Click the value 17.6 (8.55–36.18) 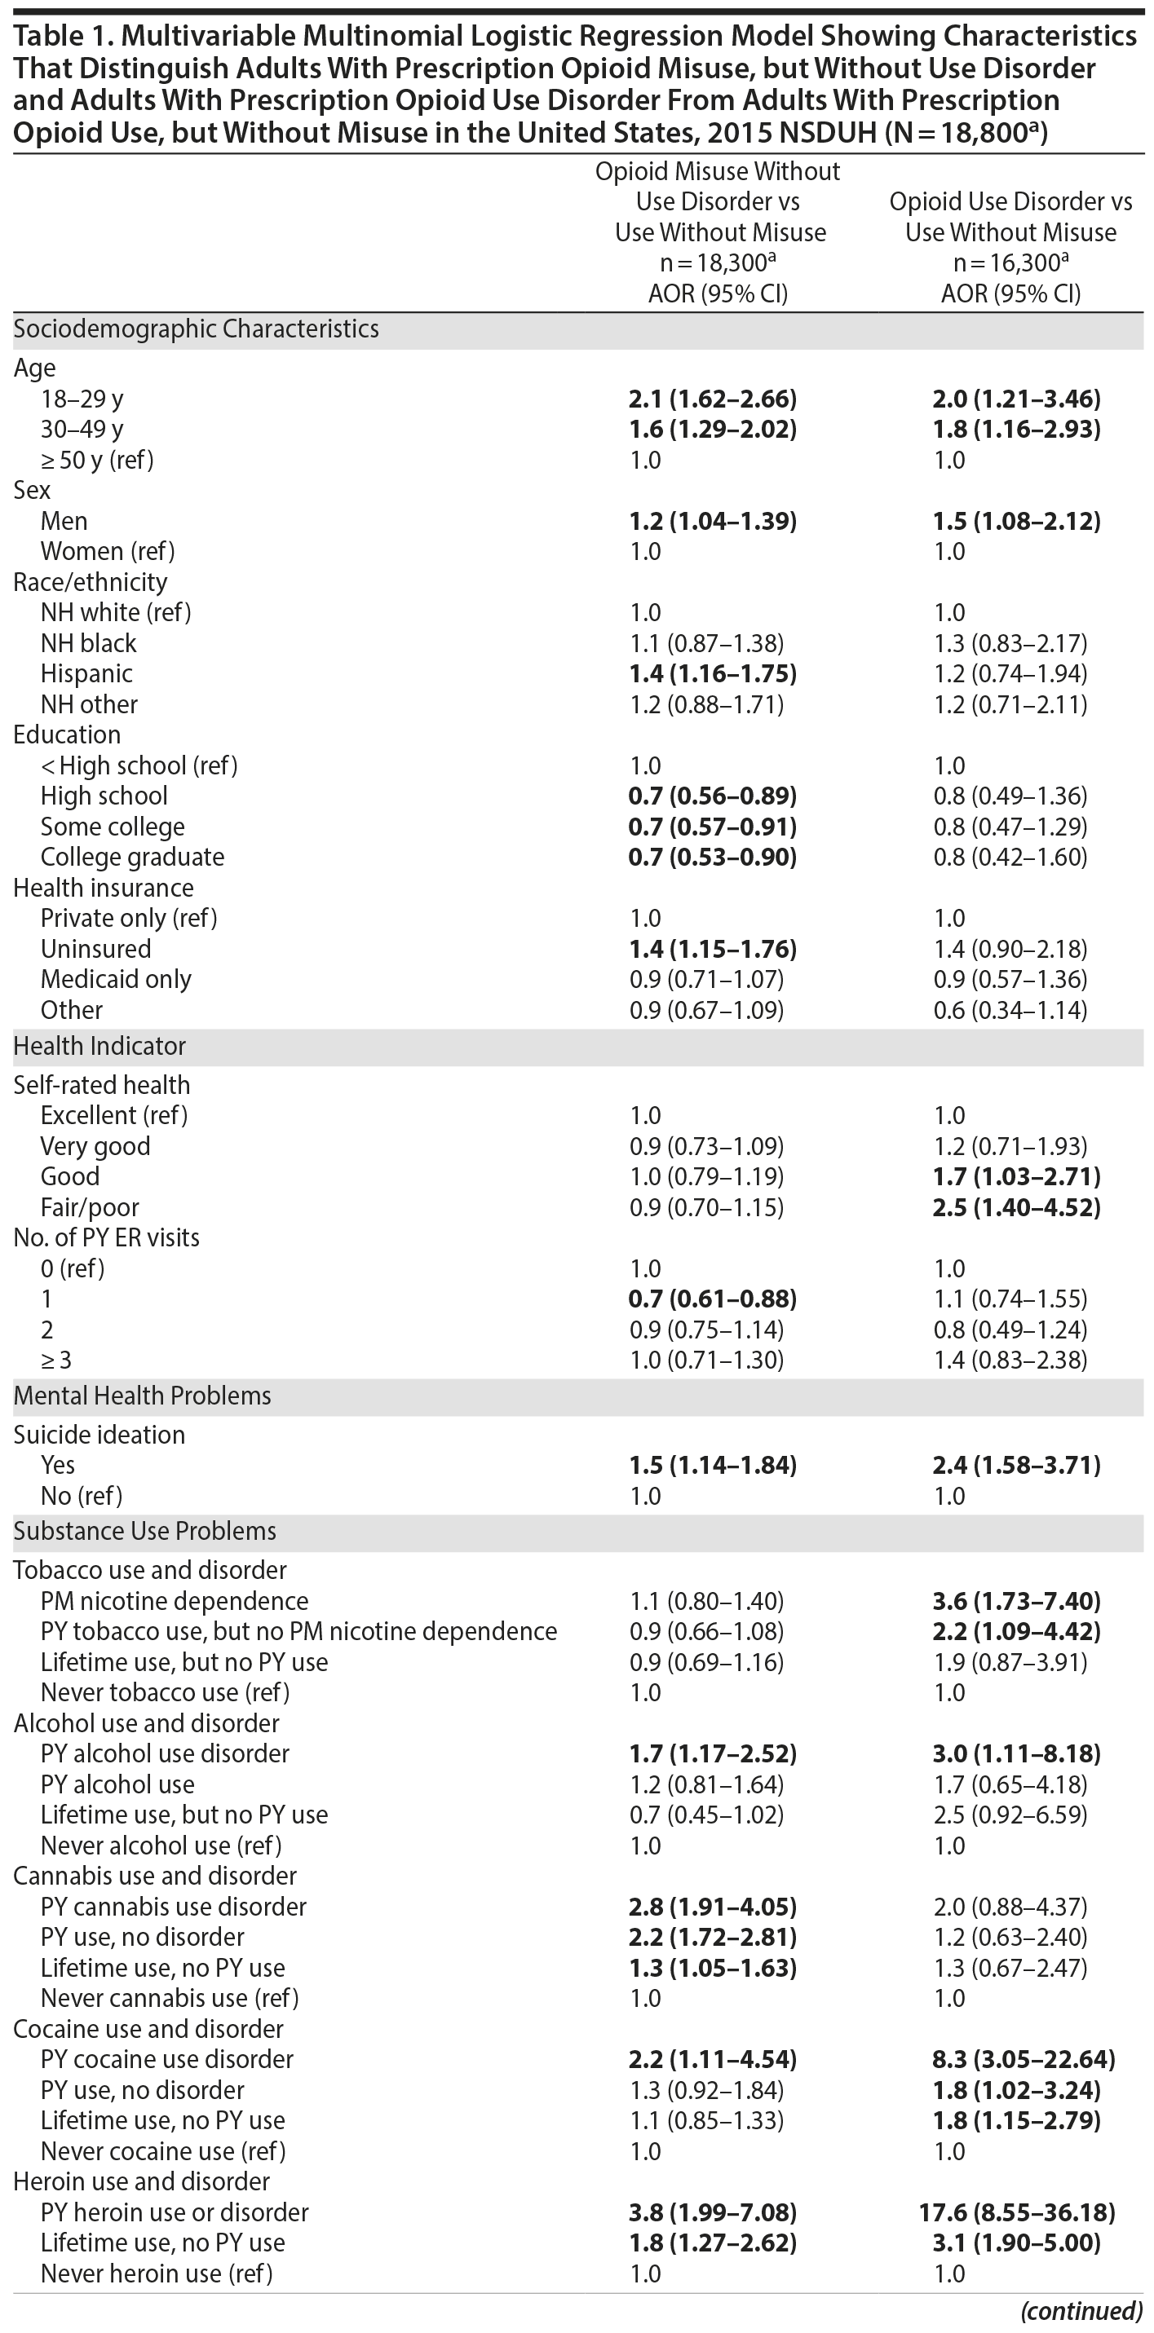[1016, 2212]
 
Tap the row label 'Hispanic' [86, 674]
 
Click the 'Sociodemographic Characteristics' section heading [196, 329]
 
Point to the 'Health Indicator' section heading [99, 1045]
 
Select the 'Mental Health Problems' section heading [142, 1395]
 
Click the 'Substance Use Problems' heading [145, 1532]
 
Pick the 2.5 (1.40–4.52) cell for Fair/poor [1016, 1207]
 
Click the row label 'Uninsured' [95, 948]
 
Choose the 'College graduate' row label [132, 857]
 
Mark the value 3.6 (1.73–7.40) [1016, 1600]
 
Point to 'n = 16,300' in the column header [1010, 262]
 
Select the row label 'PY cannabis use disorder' [173, 1907]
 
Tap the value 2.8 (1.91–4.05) [712, 1907]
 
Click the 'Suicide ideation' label [99, 1435]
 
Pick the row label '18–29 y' [82, 399]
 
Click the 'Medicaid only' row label [116, 979]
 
